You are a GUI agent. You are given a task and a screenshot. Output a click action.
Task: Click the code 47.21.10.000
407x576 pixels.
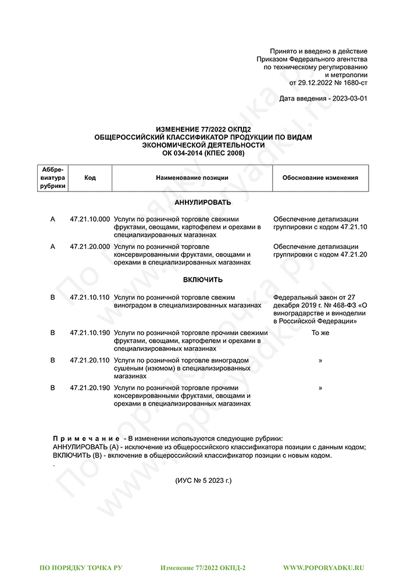tap(90, 219)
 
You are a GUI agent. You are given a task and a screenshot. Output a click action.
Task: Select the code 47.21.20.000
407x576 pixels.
tap(90, 247)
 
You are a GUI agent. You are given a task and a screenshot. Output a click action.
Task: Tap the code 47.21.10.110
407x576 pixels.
tap(90, 297)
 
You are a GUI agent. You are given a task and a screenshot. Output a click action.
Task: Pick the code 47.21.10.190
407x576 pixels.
tap(90, 333)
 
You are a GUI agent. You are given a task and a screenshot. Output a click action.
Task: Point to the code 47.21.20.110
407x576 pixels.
tap(90, 361)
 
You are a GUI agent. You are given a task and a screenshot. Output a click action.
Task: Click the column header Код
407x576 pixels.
tap(90, 177)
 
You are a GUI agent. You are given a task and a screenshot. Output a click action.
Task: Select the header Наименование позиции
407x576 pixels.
tap(192, 177)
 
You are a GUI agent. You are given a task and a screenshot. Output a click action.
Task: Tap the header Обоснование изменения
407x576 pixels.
tap(320, 177)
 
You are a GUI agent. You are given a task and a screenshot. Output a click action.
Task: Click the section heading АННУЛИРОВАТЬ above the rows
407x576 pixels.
tap(203, 202)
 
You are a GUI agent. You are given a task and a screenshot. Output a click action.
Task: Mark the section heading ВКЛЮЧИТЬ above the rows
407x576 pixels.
tap(203, 280)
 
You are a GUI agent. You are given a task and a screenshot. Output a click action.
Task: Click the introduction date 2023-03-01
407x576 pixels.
tap(349, 99)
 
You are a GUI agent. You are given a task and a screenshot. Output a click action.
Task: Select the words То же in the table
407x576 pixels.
tap(320, 333)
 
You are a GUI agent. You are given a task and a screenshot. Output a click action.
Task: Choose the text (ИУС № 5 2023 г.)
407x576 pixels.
tap(203, 481)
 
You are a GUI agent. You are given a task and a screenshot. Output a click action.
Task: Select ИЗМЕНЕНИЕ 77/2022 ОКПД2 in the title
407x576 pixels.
tap(203, 129)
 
